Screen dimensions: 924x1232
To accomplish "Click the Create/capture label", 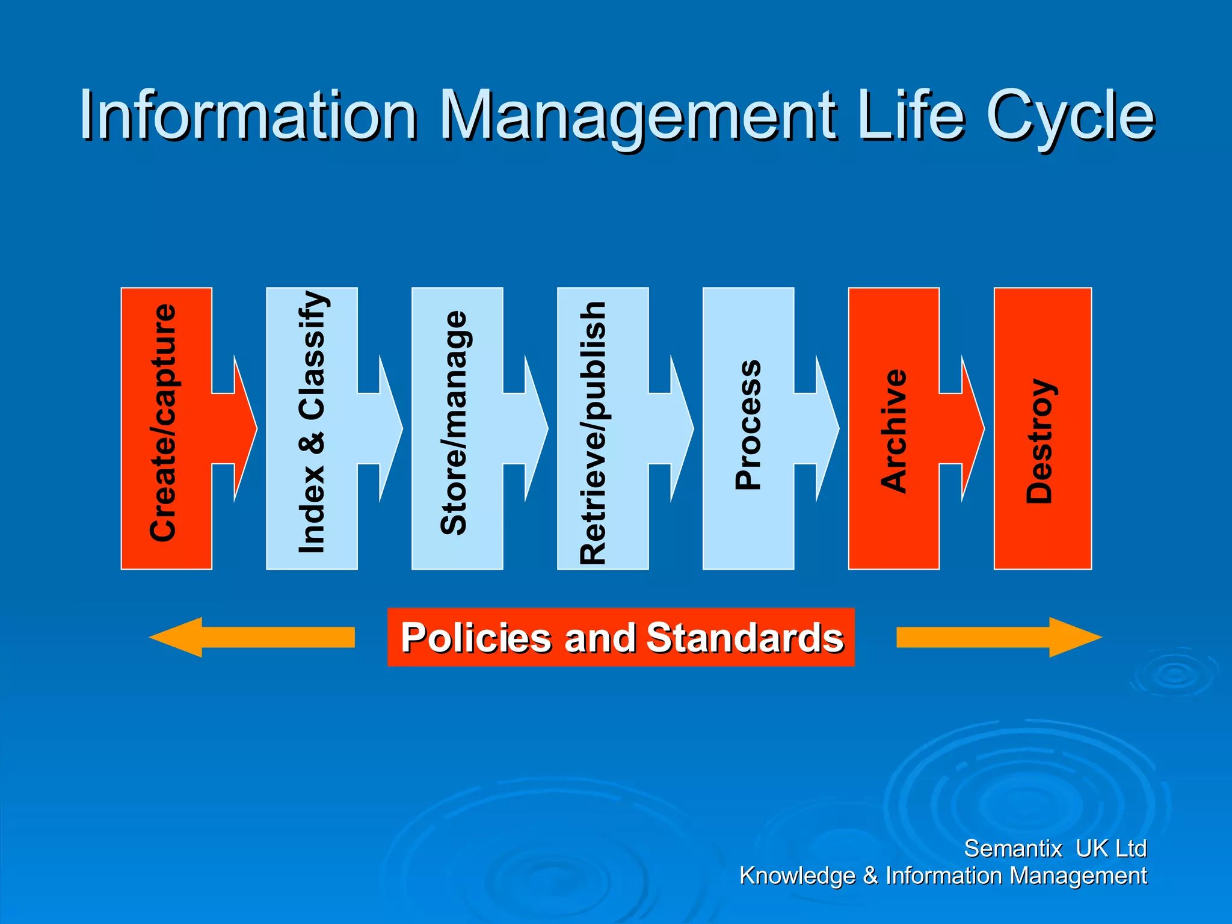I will pyautogui.click(x=164, y=423).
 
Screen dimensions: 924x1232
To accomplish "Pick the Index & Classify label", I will pyautogui.click(x=312, y=423).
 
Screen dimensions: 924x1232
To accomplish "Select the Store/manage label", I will pyautogui.click(x=454, y=423).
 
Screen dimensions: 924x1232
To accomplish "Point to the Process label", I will pyautogui.click(x=748, y=425).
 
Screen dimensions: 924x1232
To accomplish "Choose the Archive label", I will pyautogui.click(x=894, y=431).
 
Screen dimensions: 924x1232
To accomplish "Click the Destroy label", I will pyautogui.click(x=1039, y=440).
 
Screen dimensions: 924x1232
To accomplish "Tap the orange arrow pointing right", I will pyautogui.click(x=999, y=637).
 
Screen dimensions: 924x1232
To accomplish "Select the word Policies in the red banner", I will pyautogui.click(x=476, y=638).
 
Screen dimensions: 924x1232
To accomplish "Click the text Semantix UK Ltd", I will pyautogui.click(x=1055, y=848).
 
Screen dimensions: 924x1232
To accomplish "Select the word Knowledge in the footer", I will pyautogui.click(x=797, y=876).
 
